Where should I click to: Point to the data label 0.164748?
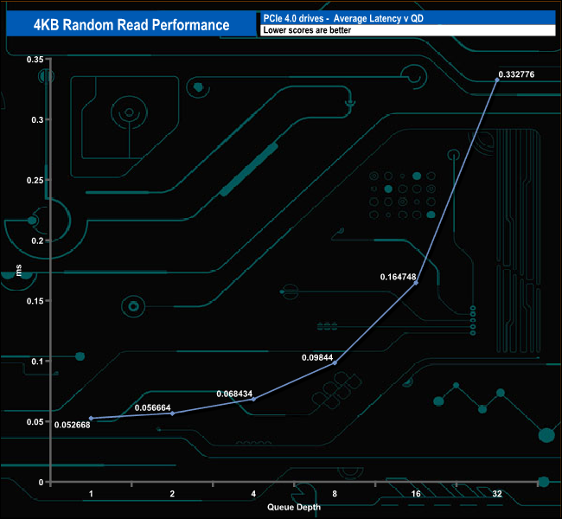coord(399,277)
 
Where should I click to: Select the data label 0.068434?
coord(234,394)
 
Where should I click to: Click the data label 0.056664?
coord(154,407)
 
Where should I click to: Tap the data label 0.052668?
coord(72,424)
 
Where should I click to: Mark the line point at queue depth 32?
coord(496,80)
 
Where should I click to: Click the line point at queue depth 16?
coord(416,283)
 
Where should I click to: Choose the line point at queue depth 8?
coord(335,362)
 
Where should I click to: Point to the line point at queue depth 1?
coord(91,418)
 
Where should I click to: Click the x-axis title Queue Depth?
coord(293,508)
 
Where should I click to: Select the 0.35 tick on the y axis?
coord(34,59)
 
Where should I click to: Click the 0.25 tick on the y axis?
coord(34,180)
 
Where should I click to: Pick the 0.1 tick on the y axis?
coord(36,361)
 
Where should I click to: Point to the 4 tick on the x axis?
coord(252,493)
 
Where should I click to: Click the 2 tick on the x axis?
coord(172,493)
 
